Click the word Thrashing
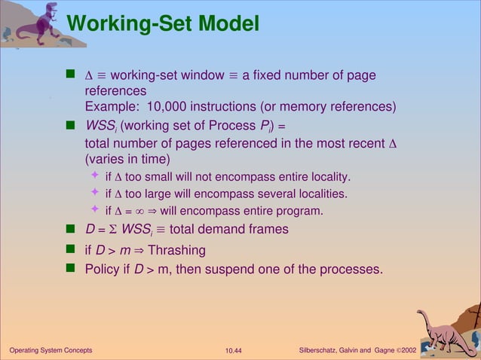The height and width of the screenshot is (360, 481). click(x=176, y=249)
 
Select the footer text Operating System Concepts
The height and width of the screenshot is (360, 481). click(x=51, y=351)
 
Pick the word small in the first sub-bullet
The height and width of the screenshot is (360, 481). click(x=156, y=177)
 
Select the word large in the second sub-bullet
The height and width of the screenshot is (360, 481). click(x=155, y=194)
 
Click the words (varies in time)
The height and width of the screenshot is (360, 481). click(x=127, y=159)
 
